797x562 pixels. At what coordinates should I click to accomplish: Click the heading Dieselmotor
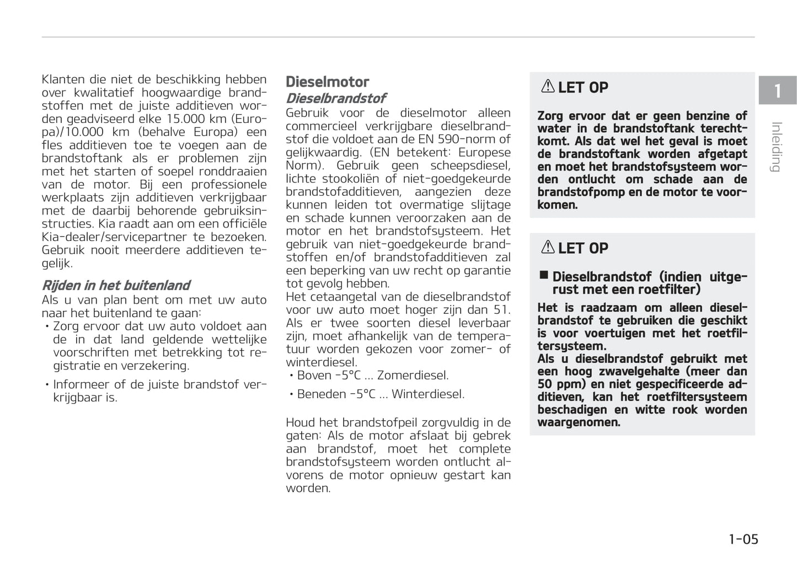coord(327,82)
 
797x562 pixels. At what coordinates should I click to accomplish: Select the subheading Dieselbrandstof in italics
coord(335,98)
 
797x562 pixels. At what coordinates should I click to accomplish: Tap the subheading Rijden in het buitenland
coord(116,285)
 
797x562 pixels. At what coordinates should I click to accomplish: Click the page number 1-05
coord(743,539)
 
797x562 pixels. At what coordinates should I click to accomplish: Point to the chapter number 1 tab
coord(777,90)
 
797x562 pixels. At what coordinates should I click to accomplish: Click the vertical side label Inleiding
coord(776,147)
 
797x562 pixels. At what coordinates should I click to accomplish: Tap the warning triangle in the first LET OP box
coord(548,87)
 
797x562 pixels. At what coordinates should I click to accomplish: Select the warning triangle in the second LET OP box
coord(548,248)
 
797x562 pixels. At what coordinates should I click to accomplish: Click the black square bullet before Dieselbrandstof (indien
coord(544,275)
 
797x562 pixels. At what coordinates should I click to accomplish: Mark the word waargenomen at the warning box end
coord(579,422)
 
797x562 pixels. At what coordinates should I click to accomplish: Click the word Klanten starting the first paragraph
coord(63,79)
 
